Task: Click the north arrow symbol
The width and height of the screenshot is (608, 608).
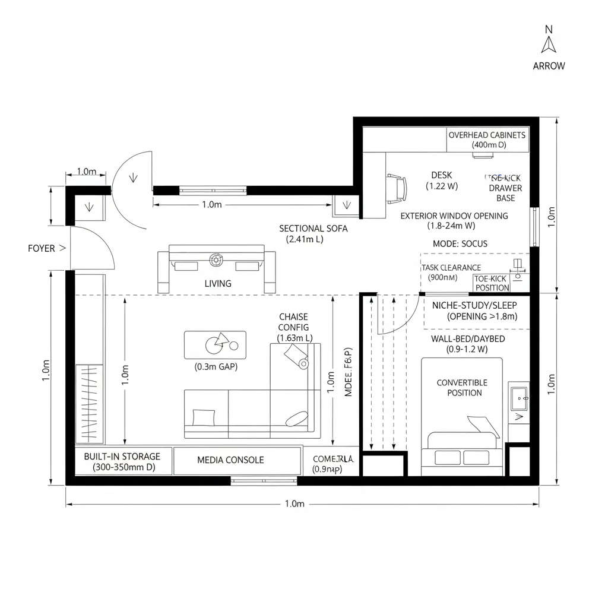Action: point(549,45)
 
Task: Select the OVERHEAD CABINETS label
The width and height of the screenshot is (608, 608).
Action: point(487,135)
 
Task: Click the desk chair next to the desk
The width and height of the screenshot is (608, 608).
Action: point(397,188)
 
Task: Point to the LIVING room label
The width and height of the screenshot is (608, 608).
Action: point(218,284)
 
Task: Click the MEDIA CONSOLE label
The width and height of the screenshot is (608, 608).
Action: point(230,460)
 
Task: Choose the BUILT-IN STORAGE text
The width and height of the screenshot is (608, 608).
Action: point(122,457)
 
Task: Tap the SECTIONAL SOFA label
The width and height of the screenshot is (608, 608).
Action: point(313,229)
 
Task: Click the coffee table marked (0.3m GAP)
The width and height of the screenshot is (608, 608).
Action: point(215,344)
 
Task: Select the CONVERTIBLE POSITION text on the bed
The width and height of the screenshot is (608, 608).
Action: point(462,388)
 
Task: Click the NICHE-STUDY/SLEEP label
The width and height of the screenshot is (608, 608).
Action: point(474,305)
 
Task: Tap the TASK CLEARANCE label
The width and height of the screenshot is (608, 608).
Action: point(451,268)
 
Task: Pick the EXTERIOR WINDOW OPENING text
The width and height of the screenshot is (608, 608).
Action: point(454,216)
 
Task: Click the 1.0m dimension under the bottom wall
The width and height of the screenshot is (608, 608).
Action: point(294,504)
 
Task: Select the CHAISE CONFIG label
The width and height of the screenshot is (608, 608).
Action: point(293,322)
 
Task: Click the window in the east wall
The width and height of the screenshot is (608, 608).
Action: point(534,227)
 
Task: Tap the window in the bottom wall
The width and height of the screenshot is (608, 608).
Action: point(264,480)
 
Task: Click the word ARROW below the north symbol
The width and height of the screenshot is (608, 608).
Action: point(549,66)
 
